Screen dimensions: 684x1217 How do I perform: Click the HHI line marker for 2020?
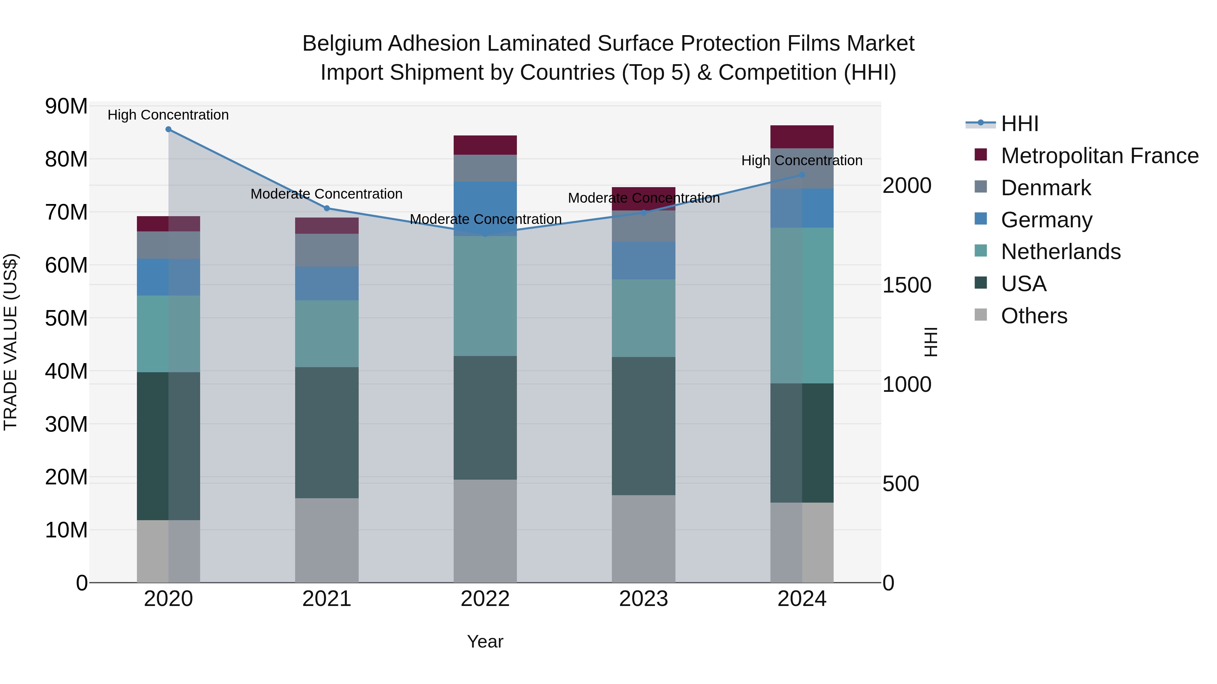coord(168,129)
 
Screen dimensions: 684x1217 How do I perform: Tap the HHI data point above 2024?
coord(802,175)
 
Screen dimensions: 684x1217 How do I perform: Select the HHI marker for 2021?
coord(327,208)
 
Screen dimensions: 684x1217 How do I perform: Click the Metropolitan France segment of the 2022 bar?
coord(485,145)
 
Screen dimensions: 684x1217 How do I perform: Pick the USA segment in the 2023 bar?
coord(643,426)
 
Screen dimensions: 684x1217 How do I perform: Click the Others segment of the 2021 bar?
coord(327,540)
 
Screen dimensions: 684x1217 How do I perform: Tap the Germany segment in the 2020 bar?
coord(168,277)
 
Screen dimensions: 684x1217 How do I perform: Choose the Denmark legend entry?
coord(1046,188)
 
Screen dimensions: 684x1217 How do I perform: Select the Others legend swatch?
coord(981,315)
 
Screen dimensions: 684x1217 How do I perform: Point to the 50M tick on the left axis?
coord(66,318)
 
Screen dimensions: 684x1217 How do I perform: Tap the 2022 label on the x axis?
coord(485,599)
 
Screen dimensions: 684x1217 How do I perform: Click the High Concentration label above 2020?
coord(168,115)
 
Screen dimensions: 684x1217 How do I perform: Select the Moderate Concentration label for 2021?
coord(327,194)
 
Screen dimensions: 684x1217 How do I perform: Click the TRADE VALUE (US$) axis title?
coord(10,342)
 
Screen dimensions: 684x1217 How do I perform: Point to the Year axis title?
coord(485,641)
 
